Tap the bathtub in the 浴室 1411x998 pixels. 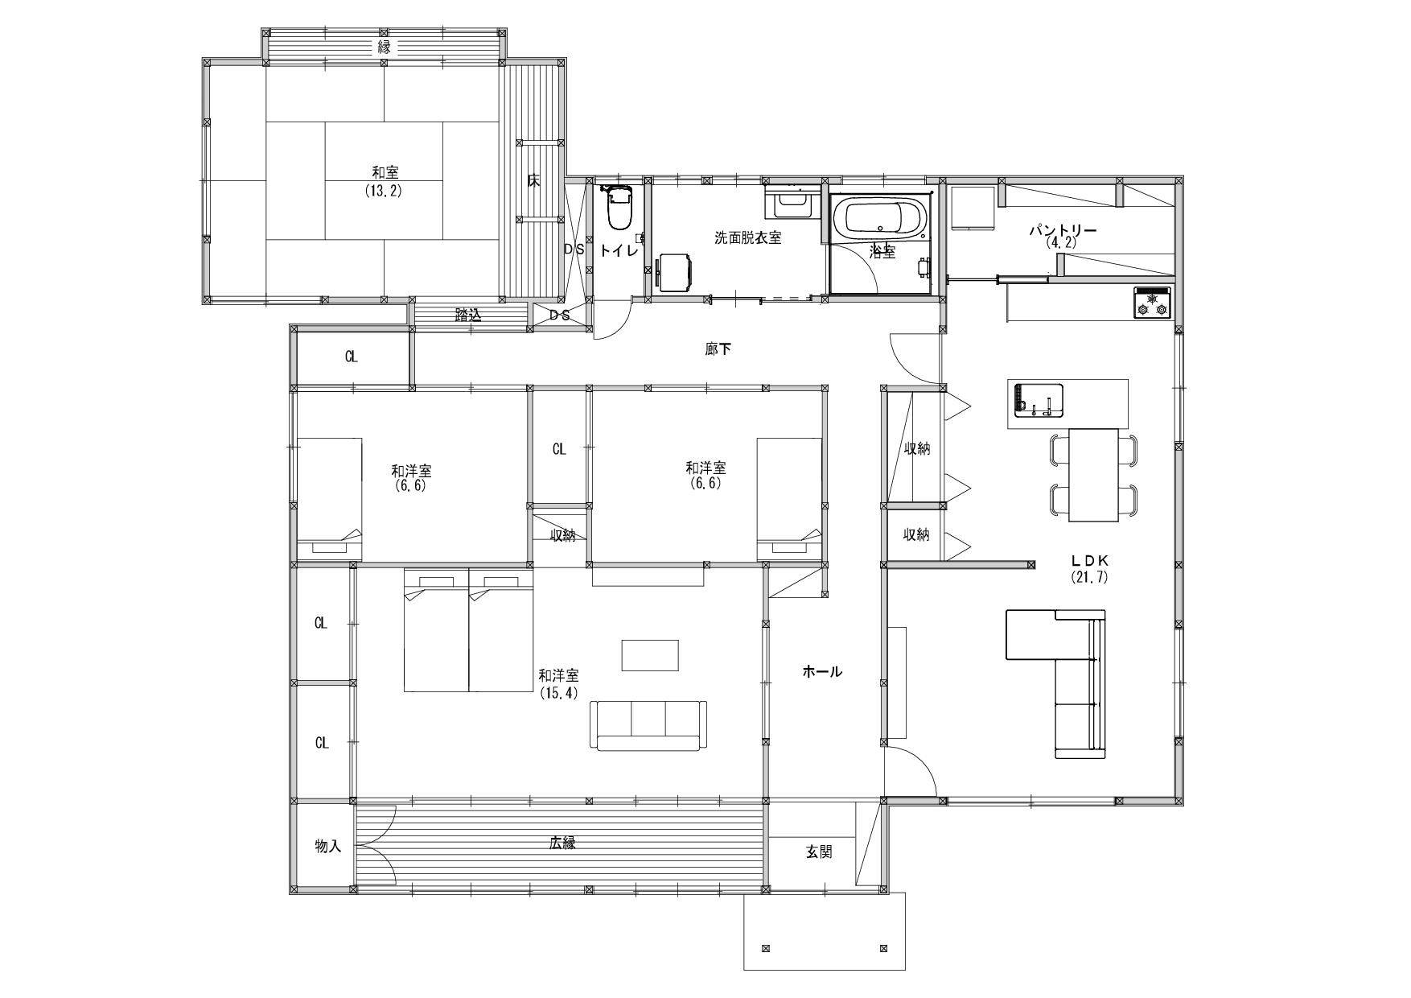click(x=879, y=217)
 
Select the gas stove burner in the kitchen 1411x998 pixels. click(x=1152, y=303)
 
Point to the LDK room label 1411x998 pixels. click(x=1089, y=568)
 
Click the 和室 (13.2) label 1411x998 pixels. click(x=385, y=182)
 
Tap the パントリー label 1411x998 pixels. click(x=1063, y=235)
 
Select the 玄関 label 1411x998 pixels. click(x=819, y=852)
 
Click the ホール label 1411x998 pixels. click(x=822, y=671)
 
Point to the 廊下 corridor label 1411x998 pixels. click(x=718, y=349)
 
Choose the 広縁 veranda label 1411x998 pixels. click(x=562, y=843)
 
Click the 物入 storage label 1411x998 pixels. click(x=328, y=846)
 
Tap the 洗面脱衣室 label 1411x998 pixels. click(x=748, y=238)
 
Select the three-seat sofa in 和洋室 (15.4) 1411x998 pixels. click(x=648, y=725)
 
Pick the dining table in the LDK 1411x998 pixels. click(x=1093, y=475)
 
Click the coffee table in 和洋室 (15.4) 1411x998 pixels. click(x=650, y=655)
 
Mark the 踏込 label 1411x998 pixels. click(x=468, y=315)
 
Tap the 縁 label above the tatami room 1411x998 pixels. click(x=385, y=47)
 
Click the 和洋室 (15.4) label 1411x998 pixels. click(x=558, y=683)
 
